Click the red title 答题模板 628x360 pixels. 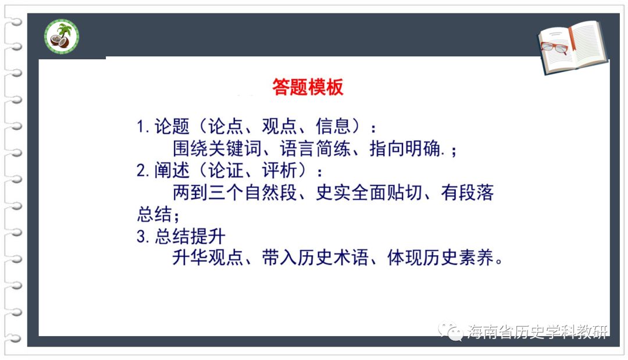tap(308, 87)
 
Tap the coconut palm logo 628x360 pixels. tap(62, 37)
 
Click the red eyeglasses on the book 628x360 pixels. tap(554, 47)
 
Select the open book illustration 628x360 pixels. tap(573, 47)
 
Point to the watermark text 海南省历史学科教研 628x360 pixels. tap(537, 332)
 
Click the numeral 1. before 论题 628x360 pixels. tap(143, 127)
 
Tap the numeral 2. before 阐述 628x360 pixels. tap(143, 170)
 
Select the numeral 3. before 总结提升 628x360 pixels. tap(143, 236)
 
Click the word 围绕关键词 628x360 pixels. tap(217, 148)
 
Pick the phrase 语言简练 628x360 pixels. tap(315, 148)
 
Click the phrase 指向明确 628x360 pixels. tap(405, 148)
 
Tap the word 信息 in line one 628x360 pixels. tap(333, 127)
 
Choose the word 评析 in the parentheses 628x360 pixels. tap(280, 170)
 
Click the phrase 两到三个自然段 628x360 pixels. tap(235, 193)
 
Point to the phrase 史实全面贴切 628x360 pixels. tap(369, 193)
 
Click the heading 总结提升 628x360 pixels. tap(190, 236)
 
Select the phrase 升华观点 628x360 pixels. tap(208, 258)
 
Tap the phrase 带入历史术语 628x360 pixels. tap(315, 258)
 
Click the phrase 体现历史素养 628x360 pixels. tap(441, 258)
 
